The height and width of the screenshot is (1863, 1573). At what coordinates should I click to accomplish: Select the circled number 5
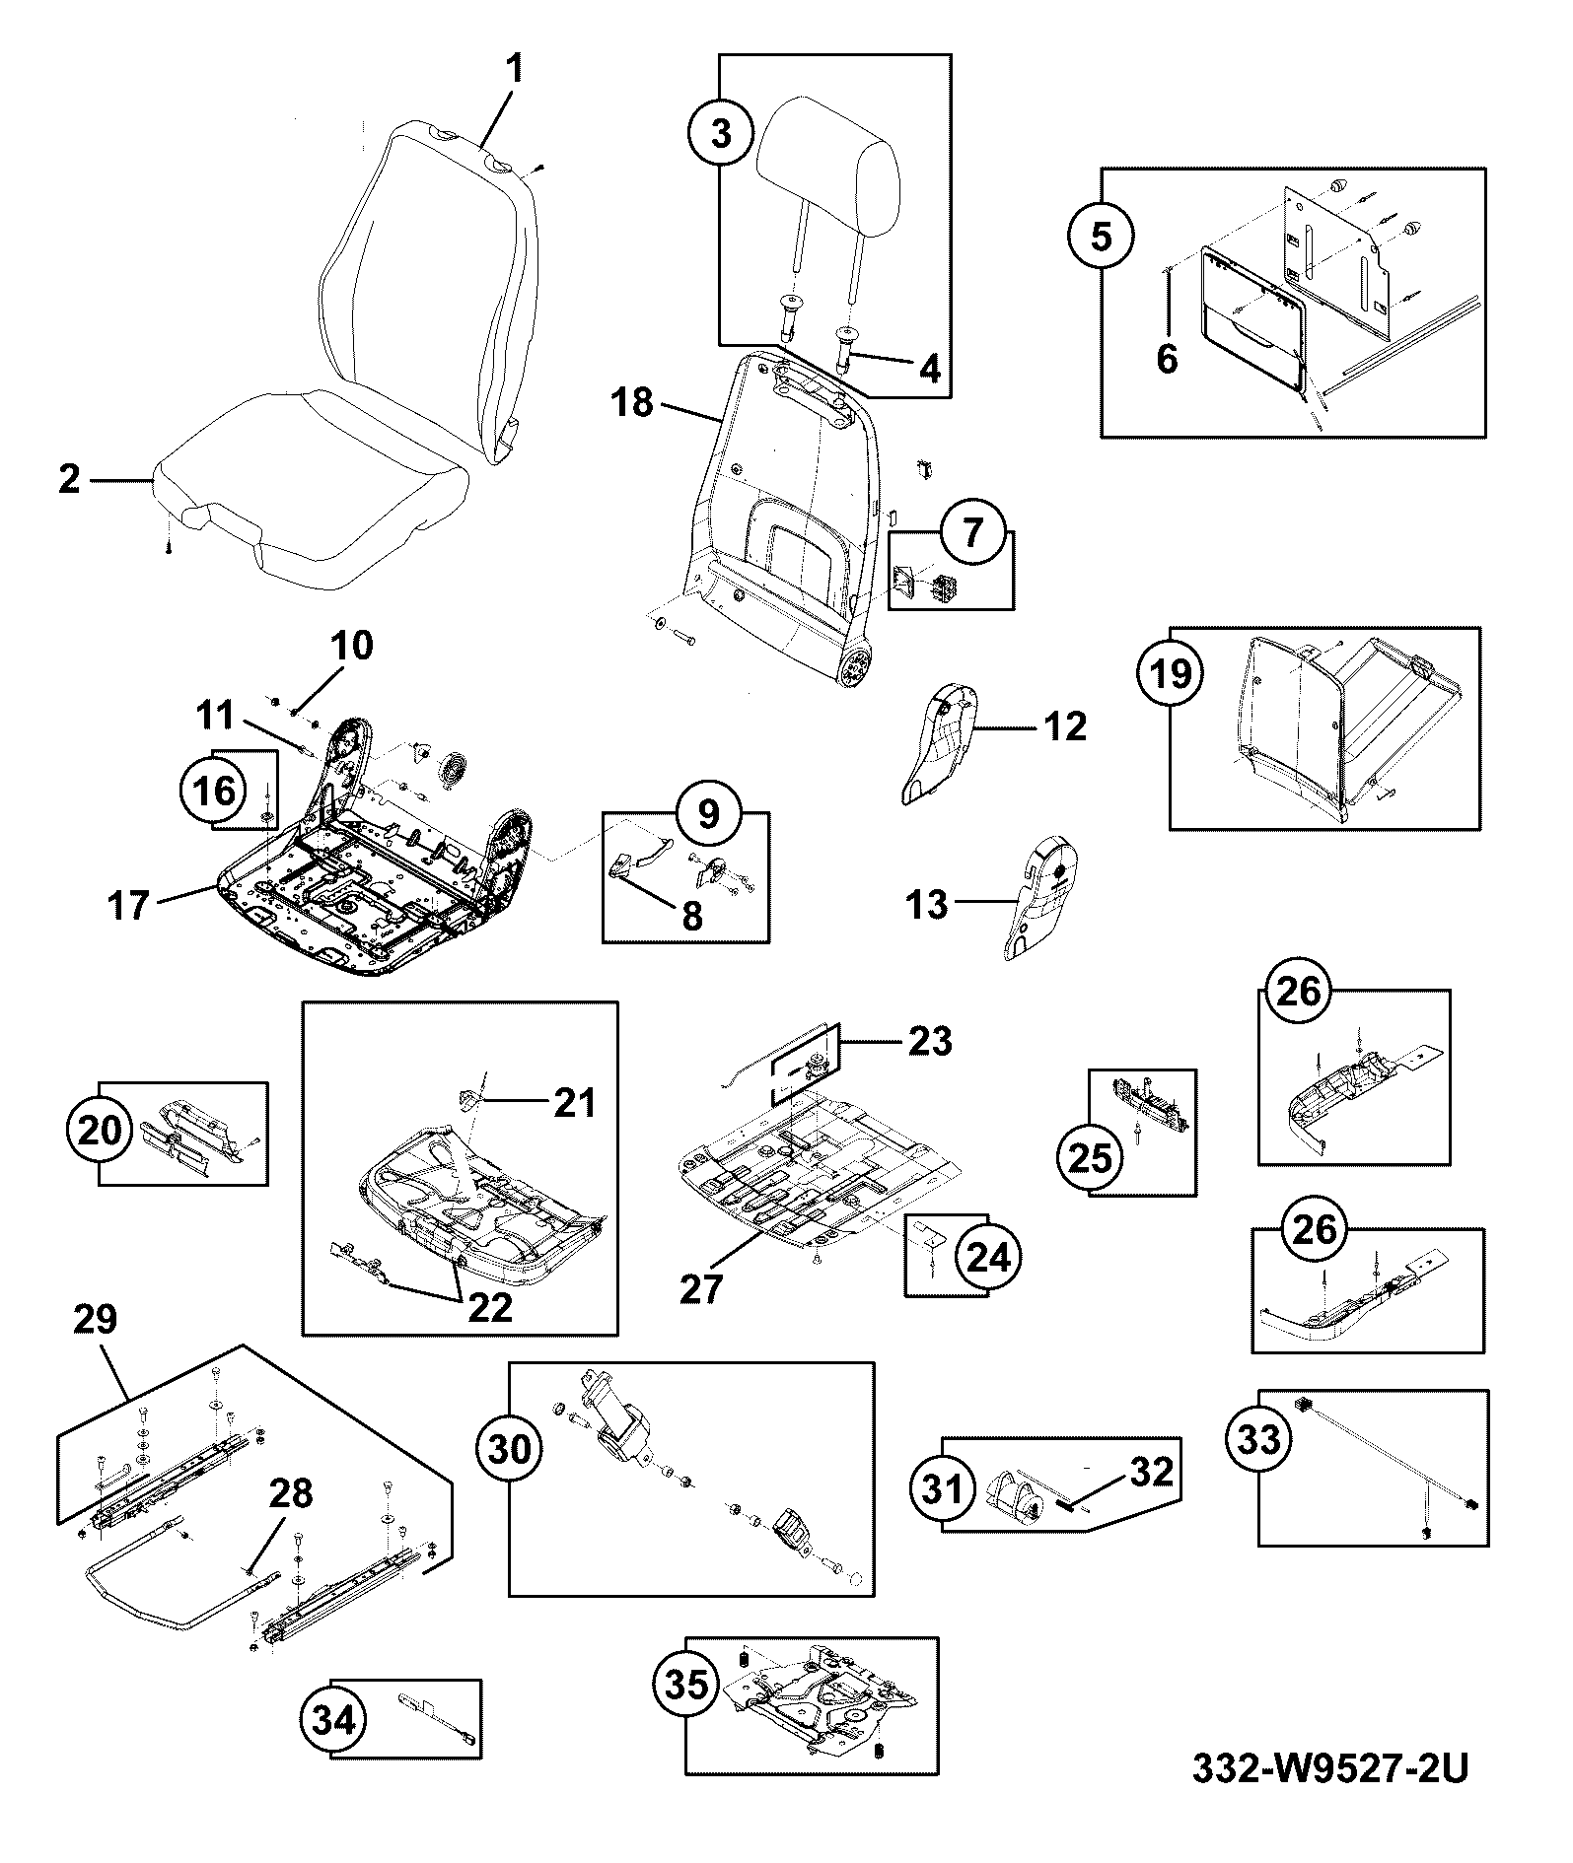click(x=1101, y=237)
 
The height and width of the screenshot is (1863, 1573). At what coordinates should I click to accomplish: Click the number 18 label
click(x=631, y=402)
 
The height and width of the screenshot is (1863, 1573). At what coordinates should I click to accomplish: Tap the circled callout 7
click(x=972, y=533)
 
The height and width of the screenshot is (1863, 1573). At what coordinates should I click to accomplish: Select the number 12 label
click(x=1064, y=726)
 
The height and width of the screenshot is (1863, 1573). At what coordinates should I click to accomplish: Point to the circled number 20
click(x=100, y=1130)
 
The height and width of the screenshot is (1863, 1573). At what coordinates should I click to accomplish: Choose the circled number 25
click(x=1091, y=1158)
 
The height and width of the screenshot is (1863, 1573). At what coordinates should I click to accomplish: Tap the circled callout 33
click(x=1258, y=1438)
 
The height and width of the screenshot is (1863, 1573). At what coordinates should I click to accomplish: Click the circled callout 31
click(x=942, y=1487)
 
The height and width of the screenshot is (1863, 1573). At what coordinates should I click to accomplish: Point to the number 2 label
click(x=69, y=480)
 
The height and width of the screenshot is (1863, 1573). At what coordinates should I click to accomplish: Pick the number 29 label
click(x=96, y=1319)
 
